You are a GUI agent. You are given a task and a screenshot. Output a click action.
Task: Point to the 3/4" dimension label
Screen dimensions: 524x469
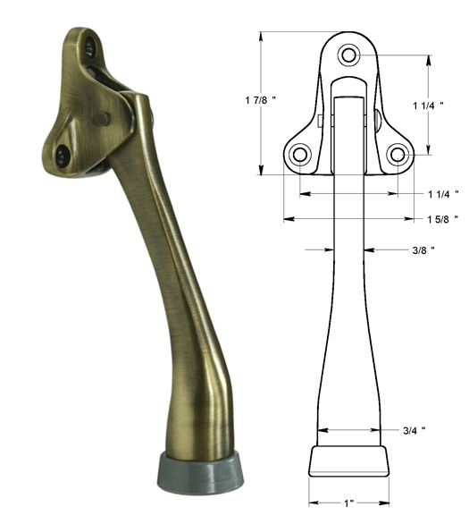[412, 430]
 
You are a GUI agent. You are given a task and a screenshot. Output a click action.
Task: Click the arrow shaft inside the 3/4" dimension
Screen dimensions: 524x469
[348, 430]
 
